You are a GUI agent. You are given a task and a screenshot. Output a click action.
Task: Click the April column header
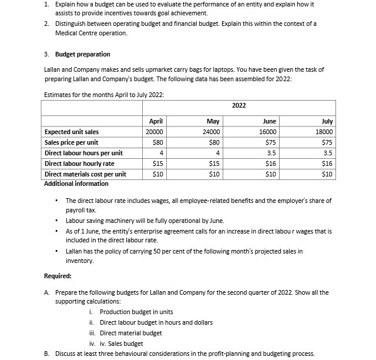(155, 121)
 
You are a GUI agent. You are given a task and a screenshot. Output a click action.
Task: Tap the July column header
(327, 121)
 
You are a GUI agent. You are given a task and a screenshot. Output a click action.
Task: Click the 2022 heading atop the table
(239, 105)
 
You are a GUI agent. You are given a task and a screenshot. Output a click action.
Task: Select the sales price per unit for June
(270, 142)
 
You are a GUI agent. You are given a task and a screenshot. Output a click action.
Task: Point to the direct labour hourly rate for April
(157, 164)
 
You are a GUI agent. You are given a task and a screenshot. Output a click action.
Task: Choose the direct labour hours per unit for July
(328, 153)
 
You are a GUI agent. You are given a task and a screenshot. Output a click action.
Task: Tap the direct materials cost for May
(214, 174)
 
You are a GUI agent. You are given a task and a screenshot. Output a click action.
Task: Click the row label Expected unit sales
(72, 132)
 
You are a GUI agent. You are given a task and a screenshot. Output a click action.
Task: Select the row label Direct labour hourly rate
(79, 164)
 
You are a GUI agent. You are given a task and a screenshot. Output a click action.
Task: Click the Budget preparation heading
(82, 54)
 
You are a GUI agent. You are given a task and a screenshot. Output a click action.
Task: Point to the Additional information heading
(76, 184)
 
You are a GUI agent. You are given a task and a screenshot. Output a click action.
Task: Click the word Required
(58, 275)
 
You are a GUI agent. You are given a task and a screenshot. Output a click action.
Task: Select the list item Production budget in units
(136, 312)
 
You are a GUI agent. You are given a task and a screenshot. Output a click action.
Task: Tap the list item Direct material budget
(130, 333)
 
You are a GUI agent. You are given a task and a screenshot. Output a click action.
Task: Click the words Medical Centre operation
(91, 33)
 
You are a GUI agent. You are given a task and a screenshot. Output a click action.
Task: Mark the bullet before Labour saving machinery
(56, 221)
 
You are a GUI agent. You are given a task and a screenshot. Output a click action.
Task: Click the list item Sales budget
(121, 344)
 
